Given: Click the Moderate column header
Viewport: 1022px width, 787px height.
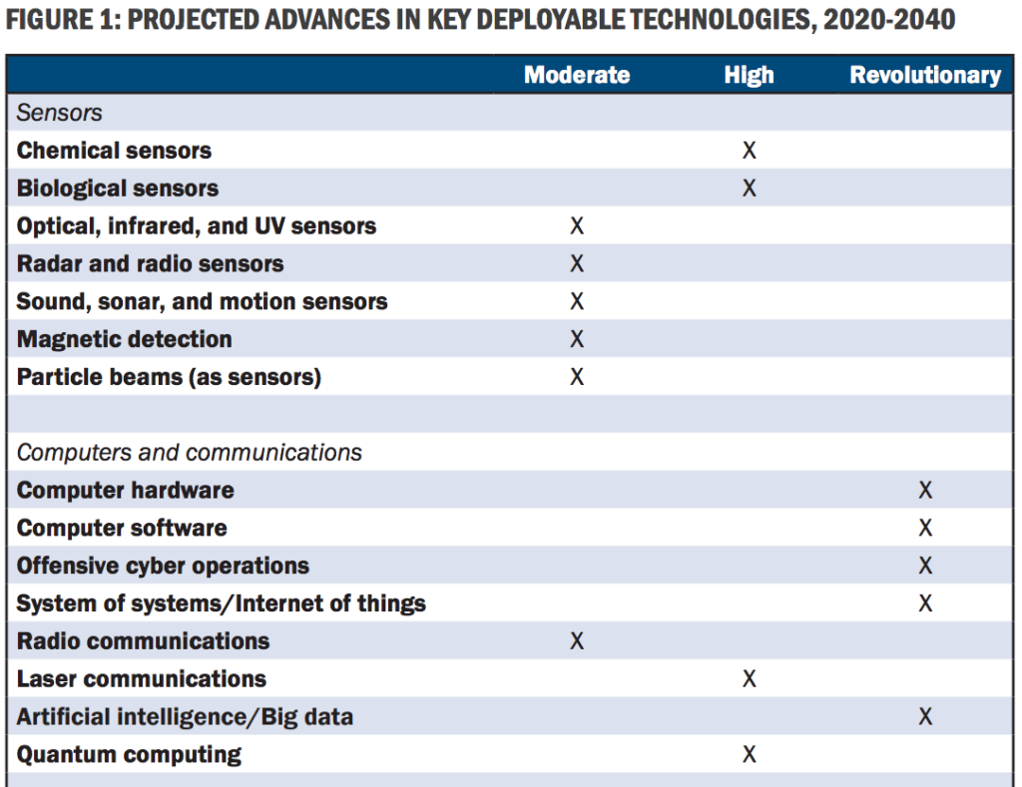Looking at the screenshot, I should pos(577,76).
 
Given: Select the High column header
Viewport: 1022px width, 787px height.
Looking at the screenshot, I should pos(749,76).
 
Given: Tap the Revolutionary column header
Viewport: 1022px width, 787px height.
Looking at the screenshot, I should pos(925,76).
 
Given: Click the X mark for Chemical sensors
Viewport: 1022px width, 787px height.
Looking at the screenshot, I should pos(749,151).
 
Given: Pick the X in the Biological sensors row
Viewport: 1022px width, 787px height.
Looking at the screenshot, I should pos(749,189).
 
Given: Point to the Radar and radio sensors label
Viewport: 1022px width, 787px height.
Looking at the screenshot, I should pos(150,264).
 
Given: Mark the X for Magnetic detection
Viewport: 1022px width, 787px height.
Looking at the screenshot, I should pos(577,340).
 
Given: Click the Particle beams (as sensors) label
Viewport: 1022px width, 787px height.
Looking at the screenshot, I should pos(169,377).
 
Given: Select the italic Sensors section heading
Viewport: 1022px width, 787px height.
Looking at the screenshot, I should pos(60,114).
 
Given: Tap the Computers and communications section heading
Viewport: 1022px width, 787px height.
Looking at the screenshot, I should pos(190,453).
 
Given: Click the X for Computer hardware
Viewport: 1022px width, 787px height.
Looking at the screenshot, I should pos(925,491).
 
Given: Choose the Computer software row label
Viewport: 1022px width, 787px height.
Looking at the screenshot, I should pos(122,529).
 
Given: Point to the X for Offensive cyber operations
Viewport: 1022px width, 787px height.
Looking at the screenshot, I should pos(925,567).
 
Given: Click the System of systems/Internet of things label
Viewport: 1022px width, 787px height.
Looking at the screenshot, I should pos(221,603).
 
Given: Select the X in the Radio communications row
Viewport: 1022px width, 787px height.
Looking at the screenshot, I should pos(577,641).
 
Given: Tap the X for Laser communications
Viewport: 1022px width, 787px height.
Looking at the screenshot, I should pos(749,679).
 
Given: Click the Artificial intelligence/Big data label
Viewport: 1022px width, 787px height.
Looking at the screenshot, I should pos(185,717).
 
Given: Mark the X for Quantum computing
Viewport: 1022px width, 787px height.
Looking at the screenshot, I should pos(749,755).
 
